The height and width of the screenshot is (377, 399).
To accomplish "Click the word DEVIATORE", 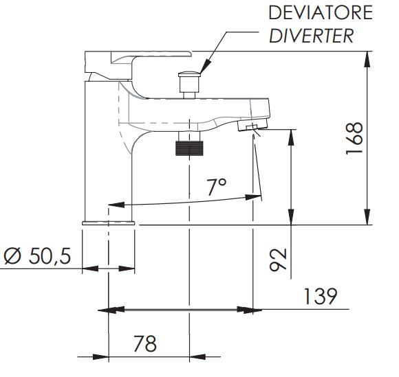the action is pos(321,12).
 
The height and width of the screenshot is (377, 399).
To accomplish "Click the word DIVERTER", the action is pos(311,36).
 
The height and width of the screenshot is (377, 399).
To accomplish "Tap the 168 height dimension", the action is pos(354,139).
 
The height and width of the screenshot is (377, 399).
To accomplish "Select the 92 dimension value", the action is pos(278,260).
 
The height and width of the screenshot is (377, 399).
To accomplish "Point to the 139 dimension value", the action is pos(321,297).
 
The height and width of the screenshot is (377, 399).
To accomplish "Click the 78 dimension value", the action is pos(145,343).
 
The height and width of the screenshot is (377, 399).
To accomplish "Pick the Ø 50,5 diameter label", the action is pos(37,256).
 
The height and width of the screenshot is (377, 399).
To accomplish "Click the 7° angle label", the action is pos(217,187).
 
